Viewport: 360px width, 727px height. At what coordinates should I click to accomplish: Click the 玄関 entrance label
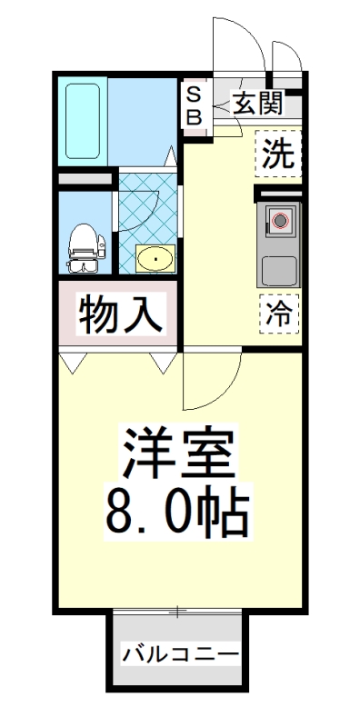point(257,103)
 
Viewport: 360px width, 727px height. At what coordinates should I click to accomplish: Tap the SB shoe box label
point(194,105)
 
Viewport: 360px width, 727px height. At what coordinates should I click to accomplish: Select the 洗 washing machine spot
point(277,153)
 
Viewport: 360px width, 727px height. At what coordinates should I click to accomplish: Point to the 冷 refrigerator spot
point(278,314)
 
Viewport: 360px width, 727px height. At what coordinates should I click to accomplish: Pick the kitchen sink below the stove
point(279,269)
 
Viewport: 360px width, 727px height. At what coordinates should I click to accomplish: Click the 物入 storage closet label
point(121,315)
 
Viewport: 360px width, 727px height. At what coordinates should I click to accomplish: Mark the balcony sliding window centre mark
point(179,611)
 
